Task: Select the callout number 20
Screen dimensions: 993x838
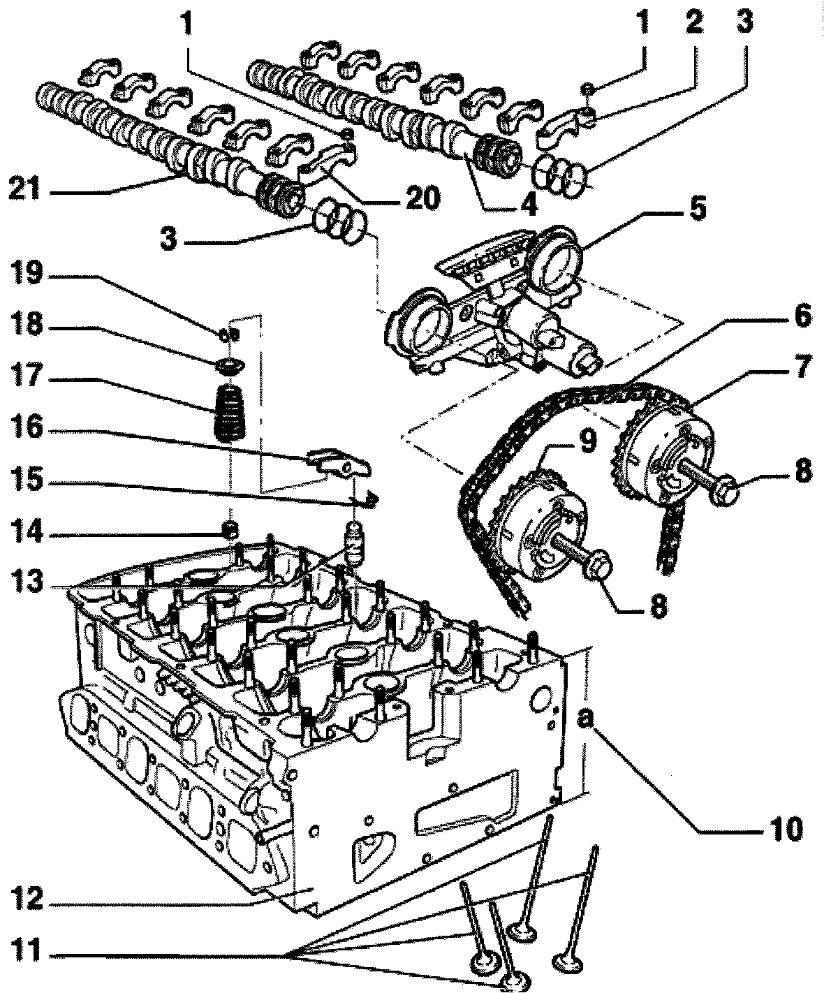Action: tap(418, 199)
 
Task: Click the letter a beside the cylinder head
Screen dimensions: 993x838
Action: tap(589, 716)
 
